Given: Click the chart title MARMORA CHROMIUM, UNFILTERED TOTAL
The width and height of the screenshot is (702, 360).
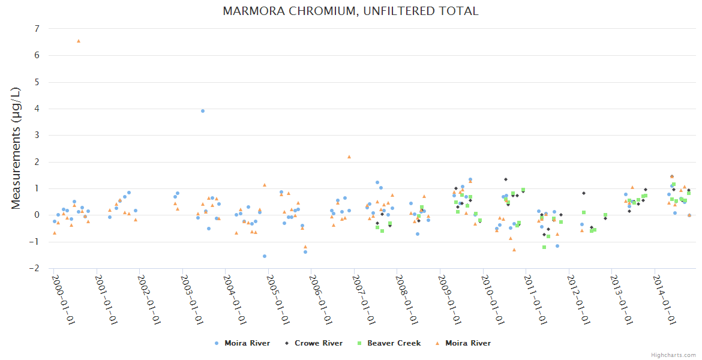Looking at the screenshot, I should click(350, 11).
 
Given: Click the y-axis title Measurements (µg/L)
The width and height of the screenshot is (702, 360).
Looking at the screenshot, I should click(16, 148).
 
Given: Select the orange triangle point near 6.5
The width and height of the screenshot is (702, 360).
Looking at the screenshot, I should click(79, 41).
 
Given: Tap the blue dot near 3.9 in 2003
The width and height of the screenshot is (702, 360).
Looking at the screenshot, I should click(203, 111).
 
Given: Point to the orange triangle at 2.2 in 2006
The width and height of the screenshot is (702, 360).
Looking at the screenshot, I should click(349, 157).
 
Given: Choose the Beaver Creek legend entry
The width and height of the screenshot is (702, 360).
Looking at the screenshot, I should click(394, 343).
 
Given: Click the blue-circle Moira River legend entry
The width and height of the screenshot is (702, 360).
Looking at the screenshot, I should click(247, 343).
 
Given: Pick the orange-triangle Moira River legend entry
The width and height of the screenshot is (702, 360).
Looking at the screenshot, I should click(467, 343).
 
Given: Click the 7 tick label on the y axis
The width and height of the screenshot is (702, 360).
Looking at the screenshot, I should click(37, 29).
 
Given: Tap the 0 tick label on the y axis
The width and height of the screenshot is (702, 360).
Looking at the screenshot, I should click(37, 215).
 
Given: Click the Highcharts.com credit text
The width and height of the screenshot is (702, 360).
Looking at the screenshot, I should click(673, 355).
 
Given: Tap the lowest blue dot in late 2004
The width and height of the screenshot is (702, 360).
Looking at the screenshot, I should click(265, 256).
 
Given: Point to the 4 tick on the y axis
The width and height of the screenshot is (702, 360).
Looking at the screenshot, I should click(37, 109).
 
